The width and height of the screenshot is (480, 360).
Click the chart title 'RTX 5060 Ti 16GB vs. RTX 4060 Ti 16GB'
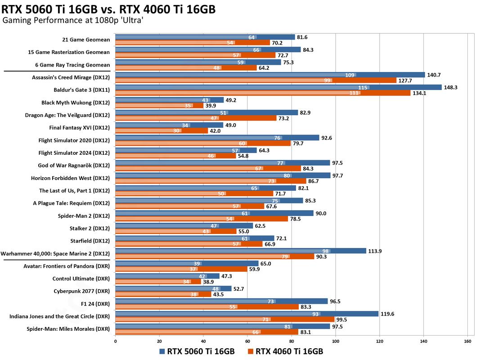[x=108, y=9]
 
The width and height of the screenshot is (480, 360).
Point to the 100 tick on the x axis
[x=336, y=341]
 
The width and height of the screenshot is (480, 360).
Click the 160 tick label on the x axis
[x=468, y=341]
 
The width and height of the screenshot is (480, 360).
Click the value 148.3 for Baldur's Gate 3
[x=451, y=87]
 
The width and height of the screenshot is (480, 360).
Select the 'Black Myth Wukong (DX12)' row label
[x=76, y=103]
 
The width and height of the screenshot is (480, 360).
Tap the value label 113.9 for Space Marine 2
[x=375, y=251]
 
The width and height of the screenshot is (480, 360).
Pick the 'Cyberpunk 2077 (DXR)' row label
[x=82, y=291]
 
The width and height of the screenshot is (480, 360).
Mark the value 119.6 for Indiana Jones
[x=387, y=314]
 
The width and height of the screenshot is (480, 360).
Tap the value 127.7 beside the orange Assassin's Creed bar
[x=405, y=81]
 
